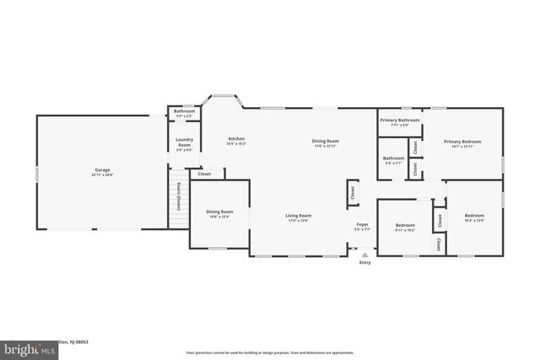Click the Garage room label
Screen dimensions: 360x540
click(x=102, y=171)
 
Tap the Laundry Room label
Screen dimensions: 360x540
click(x=183, y=143)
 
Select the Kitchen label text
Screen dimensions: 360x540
click(x=236, y=138)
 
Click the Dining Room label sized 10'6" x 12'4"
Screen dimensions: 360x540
click(x=219, y=212)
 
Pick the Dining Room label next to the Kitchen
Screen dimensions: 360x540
click(x=325, y=141)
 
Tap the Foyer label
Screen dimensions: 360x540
click(x=362, y=224)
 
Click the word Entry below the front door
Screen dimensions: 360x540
click(x=364, y=262)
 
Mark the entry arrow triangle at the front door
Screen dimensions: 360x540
click(x=364, y=253)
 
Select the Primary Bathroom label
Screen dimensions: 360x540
click(x=400, y=121)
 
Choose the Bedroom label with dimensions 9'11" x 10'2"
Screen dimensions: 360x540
click(x=406, y=225)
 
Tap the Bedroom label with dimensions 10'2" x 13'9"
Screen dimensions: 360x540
click(x=474, y=215)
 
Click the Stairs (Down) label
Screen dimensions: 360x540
click(x=180, y=197)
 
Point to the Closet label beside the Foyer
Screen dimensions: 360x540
click(x=352, y=192)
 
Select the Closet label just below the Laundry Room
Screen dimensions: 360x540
click(x=204, y=174)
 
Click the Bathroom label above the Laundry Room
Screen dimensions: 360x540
click(x=184, y=111)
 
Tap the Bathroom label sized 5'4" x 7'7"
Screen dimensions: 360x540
click(x=393, y=158)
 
